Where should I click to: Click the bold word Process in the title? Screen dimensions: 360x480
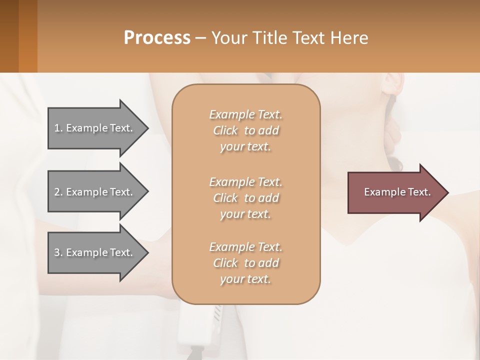pos(157,38)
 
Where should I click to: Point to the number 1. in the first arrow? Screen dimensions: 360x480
pos(58,128)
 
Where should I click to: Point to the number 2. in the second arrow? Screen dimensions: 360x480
pos(58,192)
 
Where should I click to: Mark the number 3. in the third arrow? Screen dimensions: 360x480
pos(58,252)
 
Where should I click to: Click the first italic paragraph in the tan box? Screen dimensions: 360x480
pos(245,130)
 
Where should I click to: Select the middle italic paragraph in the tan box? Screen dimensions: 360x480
pos(245,198)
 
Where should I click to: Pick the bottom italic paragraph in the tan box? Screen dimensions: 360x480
pos(245,263)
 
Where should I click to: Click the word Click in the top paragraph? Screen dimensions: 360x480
pos(225,130)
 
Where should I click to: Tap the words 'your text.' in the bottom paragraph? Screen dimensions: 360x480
pos(245,279)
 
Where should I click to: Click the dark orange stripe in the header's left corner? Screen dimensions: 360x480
pos(28,36)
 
